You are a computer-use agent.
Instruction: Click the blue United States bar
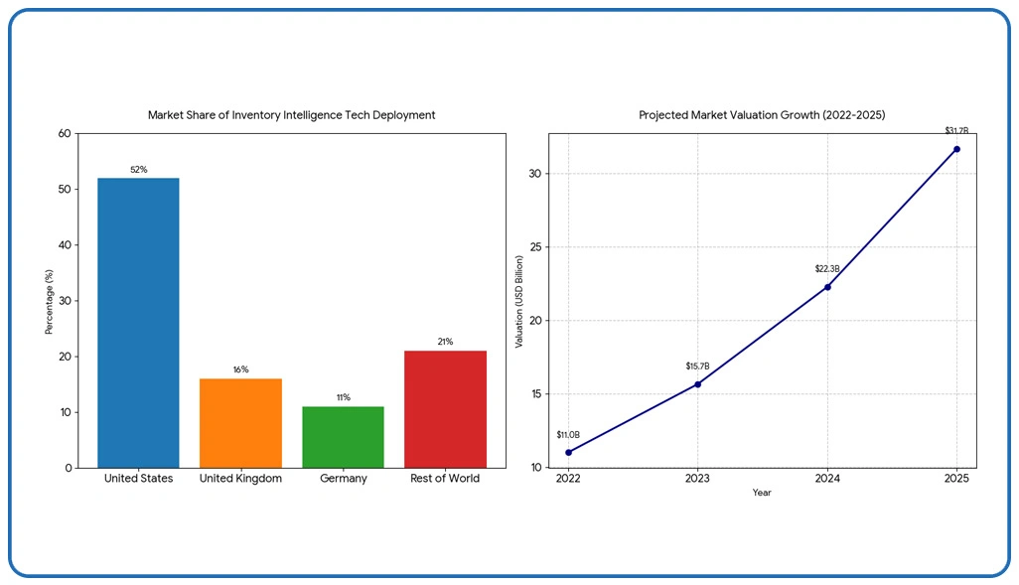pyautogui.click(x=138, y=323)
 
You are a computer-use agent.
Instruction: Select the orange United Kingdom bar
pyautogui.click(x=240, y=422)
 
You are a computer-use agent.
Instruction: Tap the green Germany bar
pyautogui.click(x=343, y=437)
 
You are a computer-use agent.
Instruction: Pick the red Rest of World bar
pyautogui.click(x=445, y=408)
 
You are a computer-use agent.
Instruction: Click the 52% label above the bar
pyautogui.click(x=138, y=170)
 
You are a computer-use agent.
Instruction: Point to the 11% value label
pyautogui.click(x=343, y=397)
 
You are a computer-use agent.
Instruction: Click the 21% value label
pyautogui.click(x=445, y=342)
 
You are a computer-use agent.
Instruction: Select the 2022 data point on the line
pyautogui.click(x=568, y=452)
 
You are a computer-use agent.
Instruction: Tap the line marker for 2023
pyautogui.click(x=697, y=383)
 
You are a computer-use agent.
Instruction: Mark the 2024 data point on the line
pyautogui.click(x=827, y=286)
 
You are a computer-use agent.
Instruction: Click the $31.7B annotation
pyautogui.click(x=956, y=130)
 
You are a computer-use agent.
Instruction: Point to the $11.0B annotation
pyautogui.click(x=568, y=434)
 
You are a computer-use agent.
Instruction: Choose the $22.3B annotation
pyautogui.click(x=827, y=268)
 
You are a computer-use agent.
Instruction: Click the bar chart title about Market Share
pyautogui.click(x=291, y=115)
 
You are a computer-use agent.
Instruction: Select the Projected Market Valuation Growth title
pyautogui.click(x=762, y=115)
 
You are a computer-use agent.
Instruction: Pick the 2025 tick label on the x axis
pyautogui.click(x=956, y=478)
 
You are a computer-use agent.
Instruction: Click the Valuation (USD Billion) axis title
pyautogui.click(x=518, y=300)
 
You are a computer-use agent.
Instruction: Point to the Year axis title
pyautogui.click(x=762, y=493)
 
